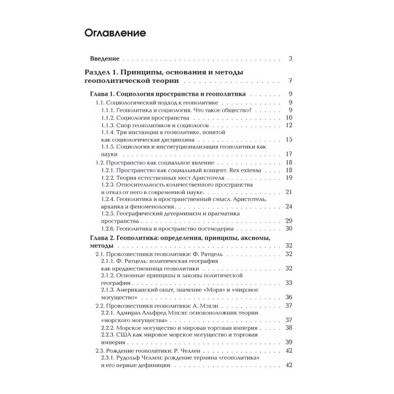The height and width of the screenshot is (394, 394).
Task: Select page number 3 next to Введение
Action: click(291, 59)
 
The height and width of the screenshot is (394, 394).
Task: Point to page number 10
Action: click(289, 117)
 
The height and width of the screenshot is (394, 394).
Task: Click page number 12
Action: click(289, 125)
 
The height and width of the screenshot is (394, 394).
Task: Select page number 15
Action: click(289, 140)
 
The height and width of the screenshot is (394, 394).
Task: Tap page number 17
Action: click(289, 154)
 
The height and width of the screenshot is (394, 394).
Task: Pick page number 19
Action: click(289, 177)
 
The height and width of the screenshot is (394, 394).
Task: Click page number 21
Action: click(289, 192)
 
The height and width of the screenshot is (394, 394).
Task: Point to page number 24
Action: click(289, 206)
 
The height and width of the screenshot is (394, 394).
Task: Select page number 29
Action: click(289, 221)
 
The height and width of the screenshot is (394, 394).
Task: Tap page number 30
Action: click(289, 229)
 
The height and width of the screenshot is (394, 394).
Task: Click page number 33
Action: click(289, 283)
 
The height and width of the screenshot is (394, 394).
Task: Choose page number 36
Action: click(289, 297)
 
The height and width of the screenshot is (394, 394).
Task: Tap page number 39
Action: click(289, 342)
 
